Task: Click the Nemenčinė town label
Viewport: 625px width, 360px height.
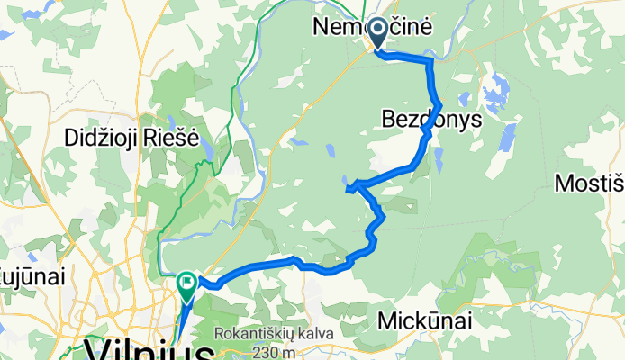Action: [x=372, y=27]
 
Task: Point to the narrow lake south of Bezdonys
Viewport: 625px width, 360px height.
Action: [x=438, y=159]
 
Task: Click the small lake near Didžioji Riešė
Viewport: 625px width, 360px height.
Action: [x=206, y=147]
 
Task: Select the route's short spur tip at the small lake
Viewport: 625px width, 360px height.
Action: [x=347, y=189]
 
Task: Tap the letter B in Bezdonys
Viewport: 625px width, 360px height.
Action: [x=389, y=120]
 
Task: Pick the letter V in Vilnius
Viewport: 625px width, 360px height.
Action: [x=95, y=349]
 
